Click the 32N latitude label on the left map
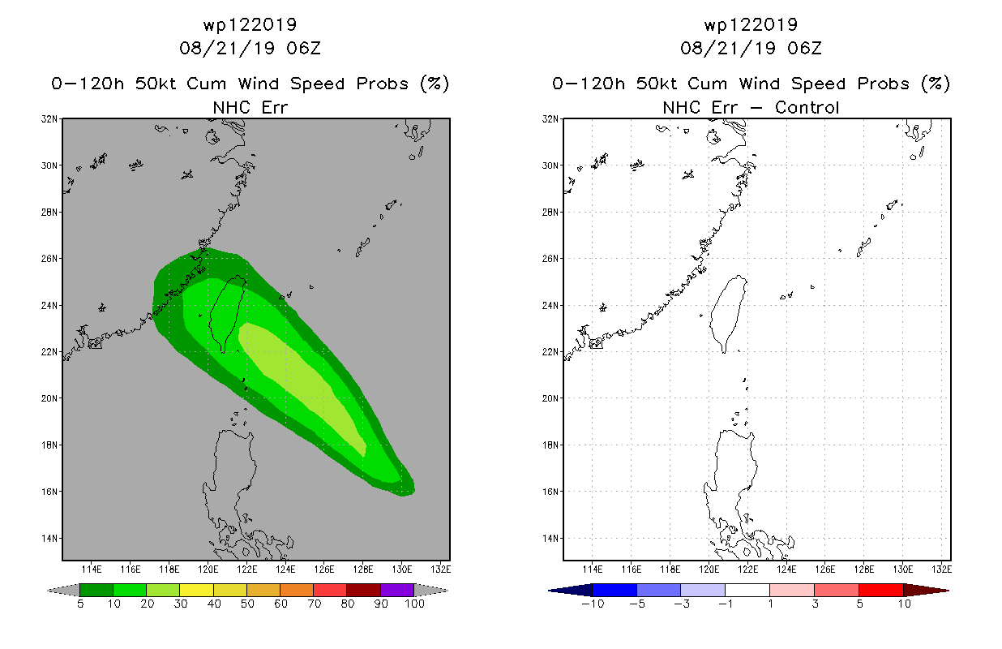tap(49, 119)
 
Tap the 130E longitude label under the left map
tap(402, 569)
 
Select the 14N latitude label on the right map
tap(550, 539)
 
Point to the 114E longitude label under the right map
tap(593, 569)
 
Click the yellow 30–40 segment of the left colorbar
tap(196, 590)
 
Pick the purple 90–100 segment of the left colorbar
tap(397, 590)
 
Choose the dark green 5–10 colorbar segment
tap(96, 590)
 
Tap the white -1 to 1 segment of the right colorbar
tap(747, 590)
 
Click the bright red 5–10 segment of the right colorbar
tap(881, 590)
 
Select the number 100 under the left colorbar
tap(414, 604)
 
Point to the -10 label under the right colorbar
tap(593, 604)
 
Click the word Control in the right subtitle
tap(807, 107)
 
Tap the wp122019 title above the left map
tap(250, 24)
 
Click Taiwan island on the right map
tap(728, 313)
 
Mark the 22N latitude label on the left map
tap(49, 352)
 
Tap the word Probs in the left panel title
tap(383, 84)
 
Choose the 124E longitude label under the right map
tap(786, 569)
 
